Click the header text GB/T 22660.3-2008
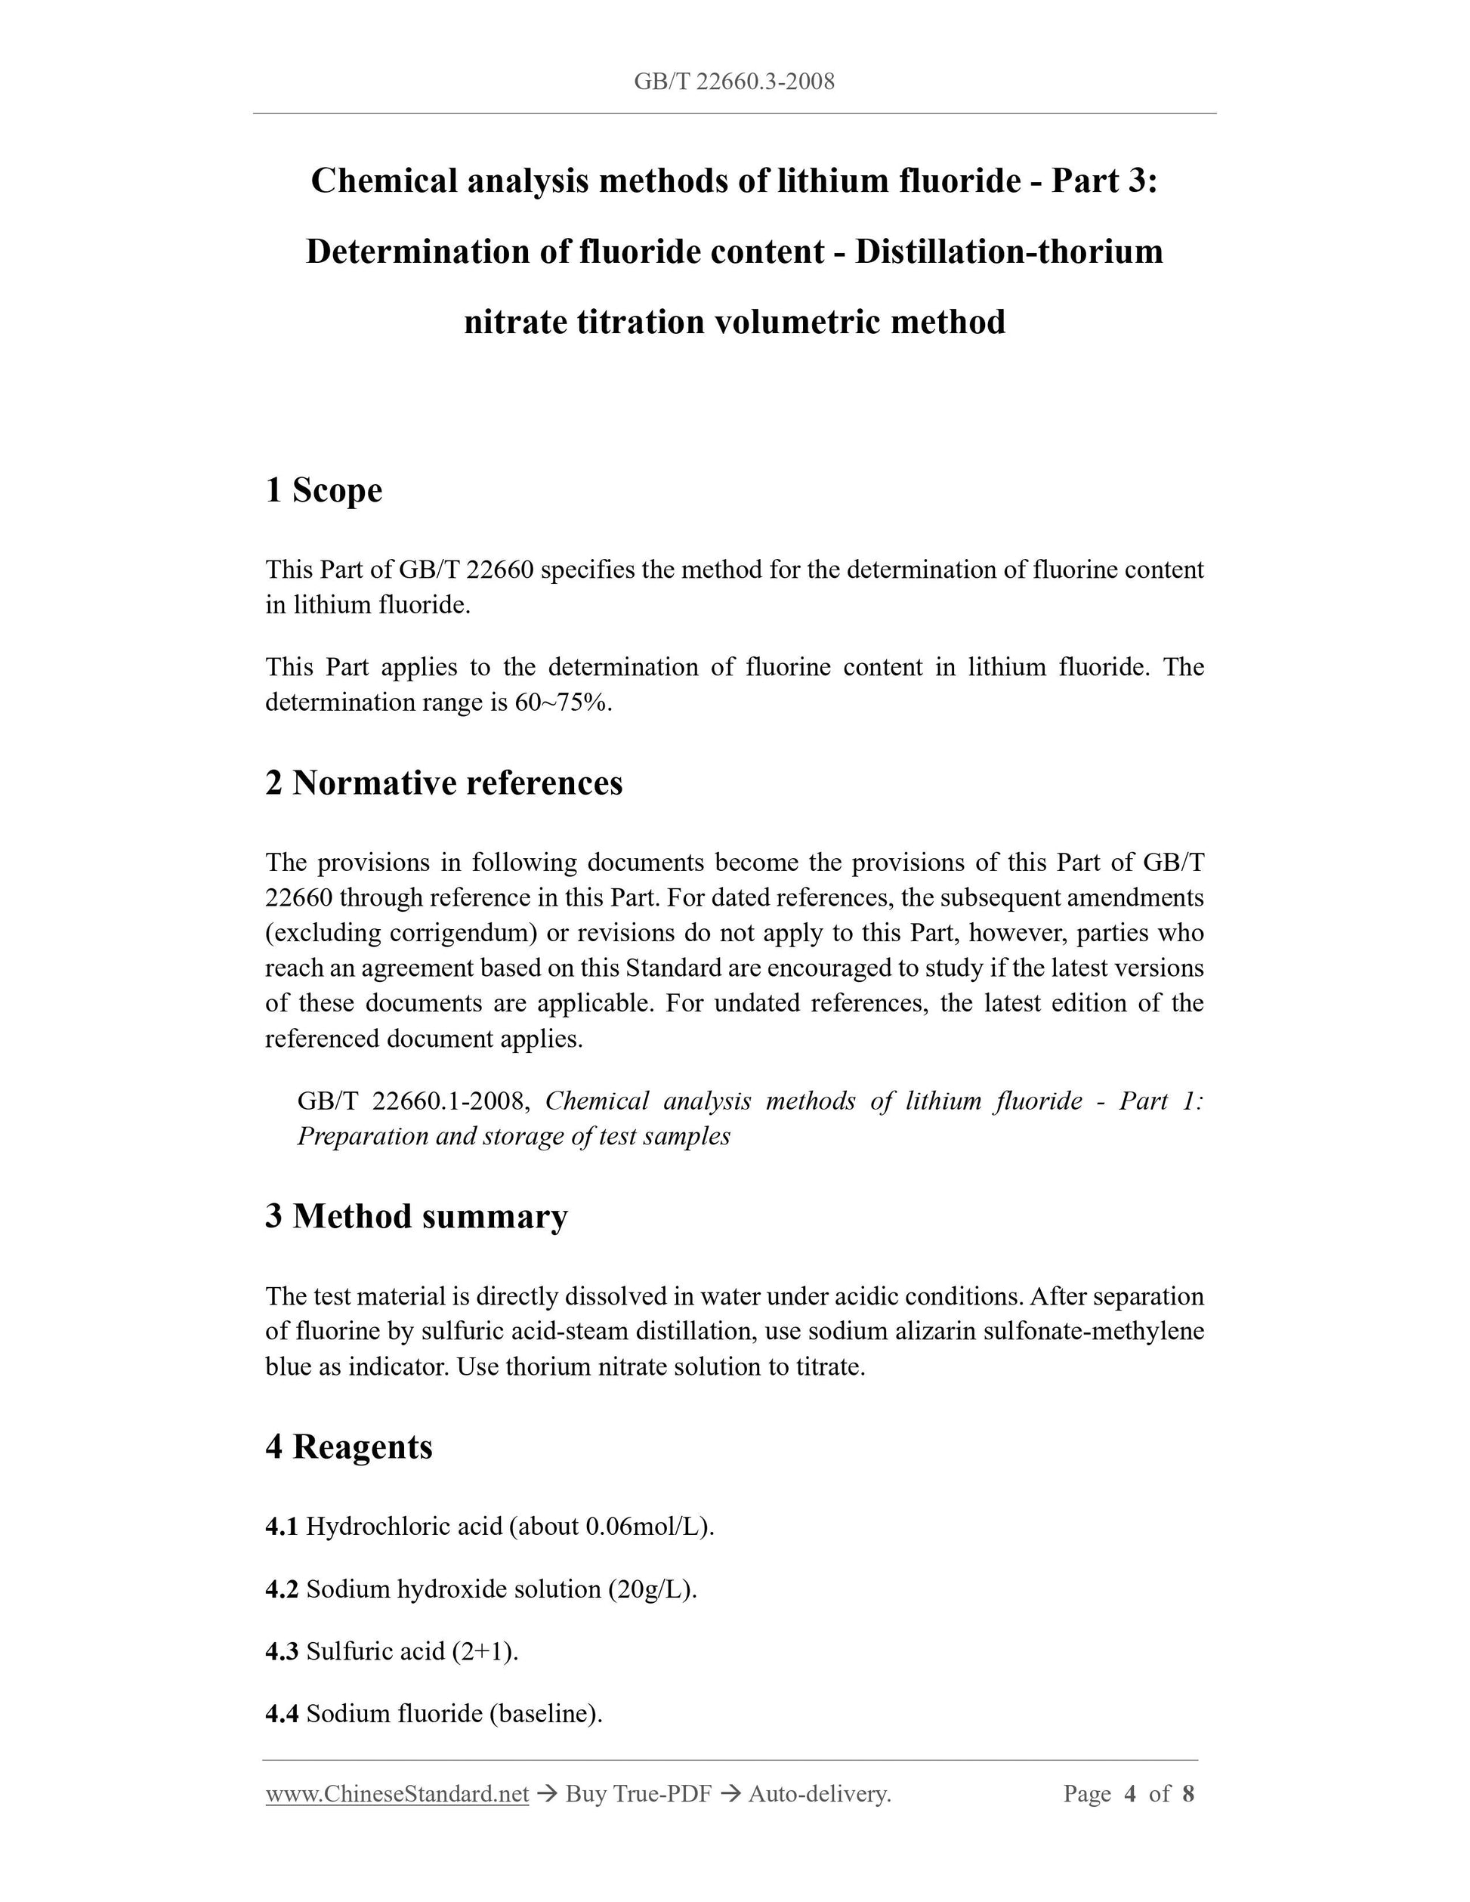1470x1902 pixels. click(734, 82)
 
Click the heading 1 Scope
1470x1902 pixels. click(323, 490)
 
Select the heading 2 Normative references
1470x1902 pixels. click(444, 783)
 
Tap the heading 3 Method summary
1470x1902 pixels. click(416, 1215)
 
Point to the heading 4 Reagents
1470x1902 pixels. click(348, 1447)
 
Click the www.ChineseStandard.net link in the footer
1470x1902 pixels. click(397, 1793)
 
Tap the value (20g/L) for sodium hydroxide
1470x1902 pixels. click(648, 1589)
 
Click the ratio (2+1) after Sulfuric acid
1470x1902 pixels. click(483, 1651)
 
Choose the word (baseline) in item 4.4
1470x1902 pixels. click(545, 1714)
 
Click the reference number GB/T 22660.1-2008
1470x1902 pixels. click(412, 1101)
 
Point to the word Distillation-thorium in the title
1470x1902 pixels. click(1008, 252)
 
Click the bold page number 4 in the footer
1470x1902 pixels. click(1130, 1793)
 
